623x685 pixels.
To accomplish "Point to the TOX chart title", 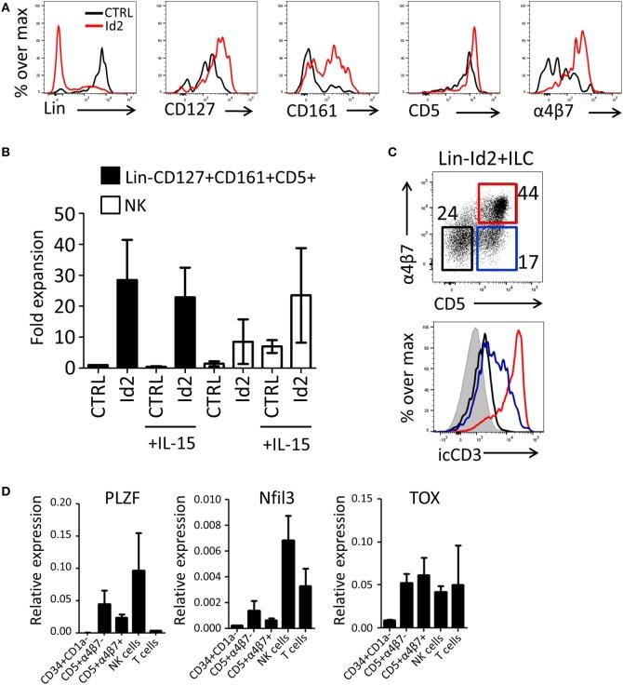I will point(502,506).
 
